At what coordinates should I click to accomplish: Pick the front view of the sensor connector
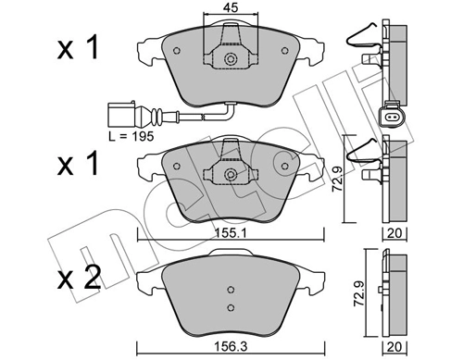click(388, 118)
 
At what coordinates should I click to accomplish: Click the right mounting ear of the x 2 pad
click(316, 276)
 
